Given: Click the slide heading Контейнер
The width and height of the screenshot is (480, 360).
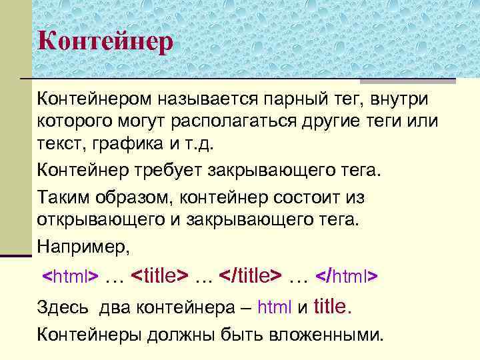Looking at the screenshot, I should pos(105,41).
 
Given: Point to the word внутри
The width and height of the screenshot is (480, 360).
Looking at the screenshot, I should pos(399,99).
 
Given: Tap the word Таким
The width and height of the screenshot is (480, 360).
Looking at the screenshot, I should pos(63,197).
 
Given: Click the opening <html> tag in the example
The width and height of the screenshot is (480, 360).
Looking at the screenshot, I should pos(71,276).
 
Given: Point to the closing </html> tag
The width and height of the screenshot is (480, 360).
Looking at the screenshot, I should pos(347,275).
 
